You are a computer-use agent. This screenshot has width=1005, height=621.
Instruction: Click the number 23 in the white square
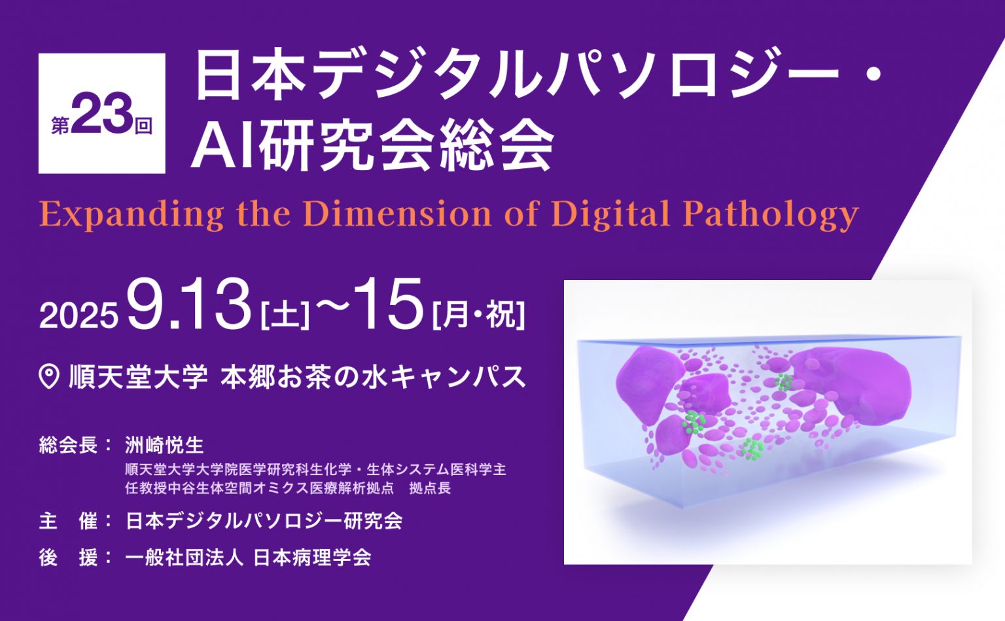pos(101,114)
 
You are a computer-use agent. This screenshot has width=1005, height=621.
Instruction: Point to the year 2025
pos(79,315)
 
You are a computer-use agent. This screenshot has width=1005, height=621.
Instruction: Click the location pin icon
pos(49,376)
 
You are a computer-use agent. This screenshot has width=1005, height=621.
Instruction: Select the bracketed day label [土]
pos(285,315)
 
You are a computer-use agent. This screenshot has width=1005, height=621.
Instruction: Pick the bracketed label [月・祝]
pos(478,315)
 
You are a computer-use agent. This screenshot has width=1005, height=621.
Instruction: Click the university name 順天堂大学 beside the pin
pos(138,376)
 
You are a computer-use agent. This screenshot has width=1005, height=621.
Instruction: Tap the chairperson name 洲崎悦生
pos(164,446)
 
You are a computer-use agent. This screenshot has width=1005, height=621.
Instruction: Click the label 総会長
pos(68,446)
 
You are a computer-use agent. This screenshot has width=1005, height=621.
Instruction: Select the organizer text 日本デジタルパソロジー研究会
pos(264,521)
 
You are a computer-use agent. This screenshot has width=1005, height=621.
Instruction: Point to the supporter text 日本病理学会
pos(312,558)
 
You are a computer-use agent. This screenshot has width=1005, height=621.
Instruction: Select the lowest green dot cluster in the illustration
pos(752,449)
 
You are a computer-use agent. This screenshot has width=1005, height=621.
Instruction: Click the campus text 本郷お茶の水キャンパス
pos(374,376)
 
